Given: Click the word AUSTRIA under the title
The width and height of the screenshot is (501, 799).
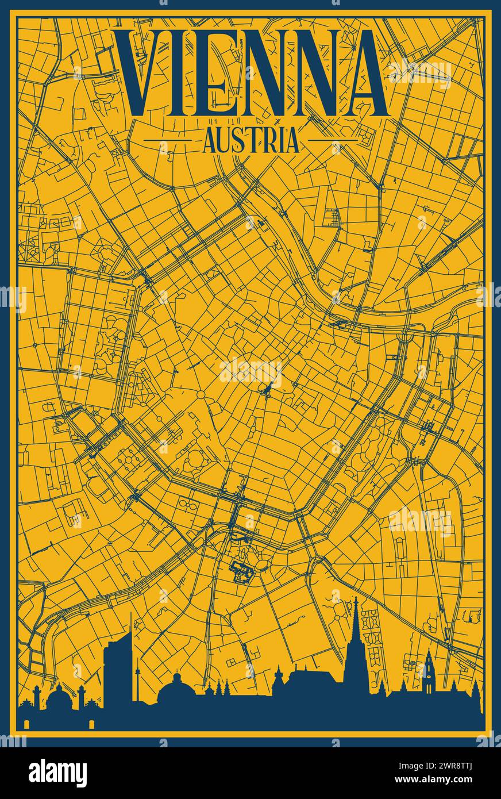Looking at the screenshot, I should [250, 140].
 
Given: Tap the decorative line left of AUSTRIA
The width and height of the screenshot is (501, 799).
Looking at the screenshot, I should [167, 140].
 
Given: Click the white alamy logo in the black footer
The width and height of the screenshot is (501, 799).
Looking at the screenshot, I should [57, 773].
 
